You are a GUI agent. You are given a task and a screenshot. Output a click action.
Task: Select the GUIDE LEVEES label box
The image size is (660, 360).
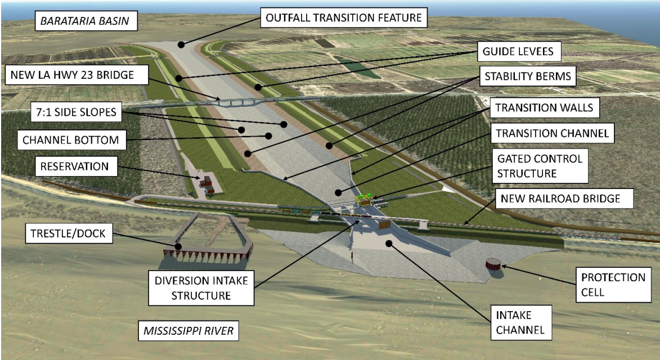(518, 52)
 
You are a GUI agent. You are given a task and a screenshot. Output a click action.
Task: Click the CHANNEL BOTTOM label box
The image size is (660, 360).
(71, 139)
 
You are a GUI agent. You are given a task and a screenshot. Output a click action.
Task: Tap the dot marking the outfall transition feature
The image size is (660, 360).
(181, 43)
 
